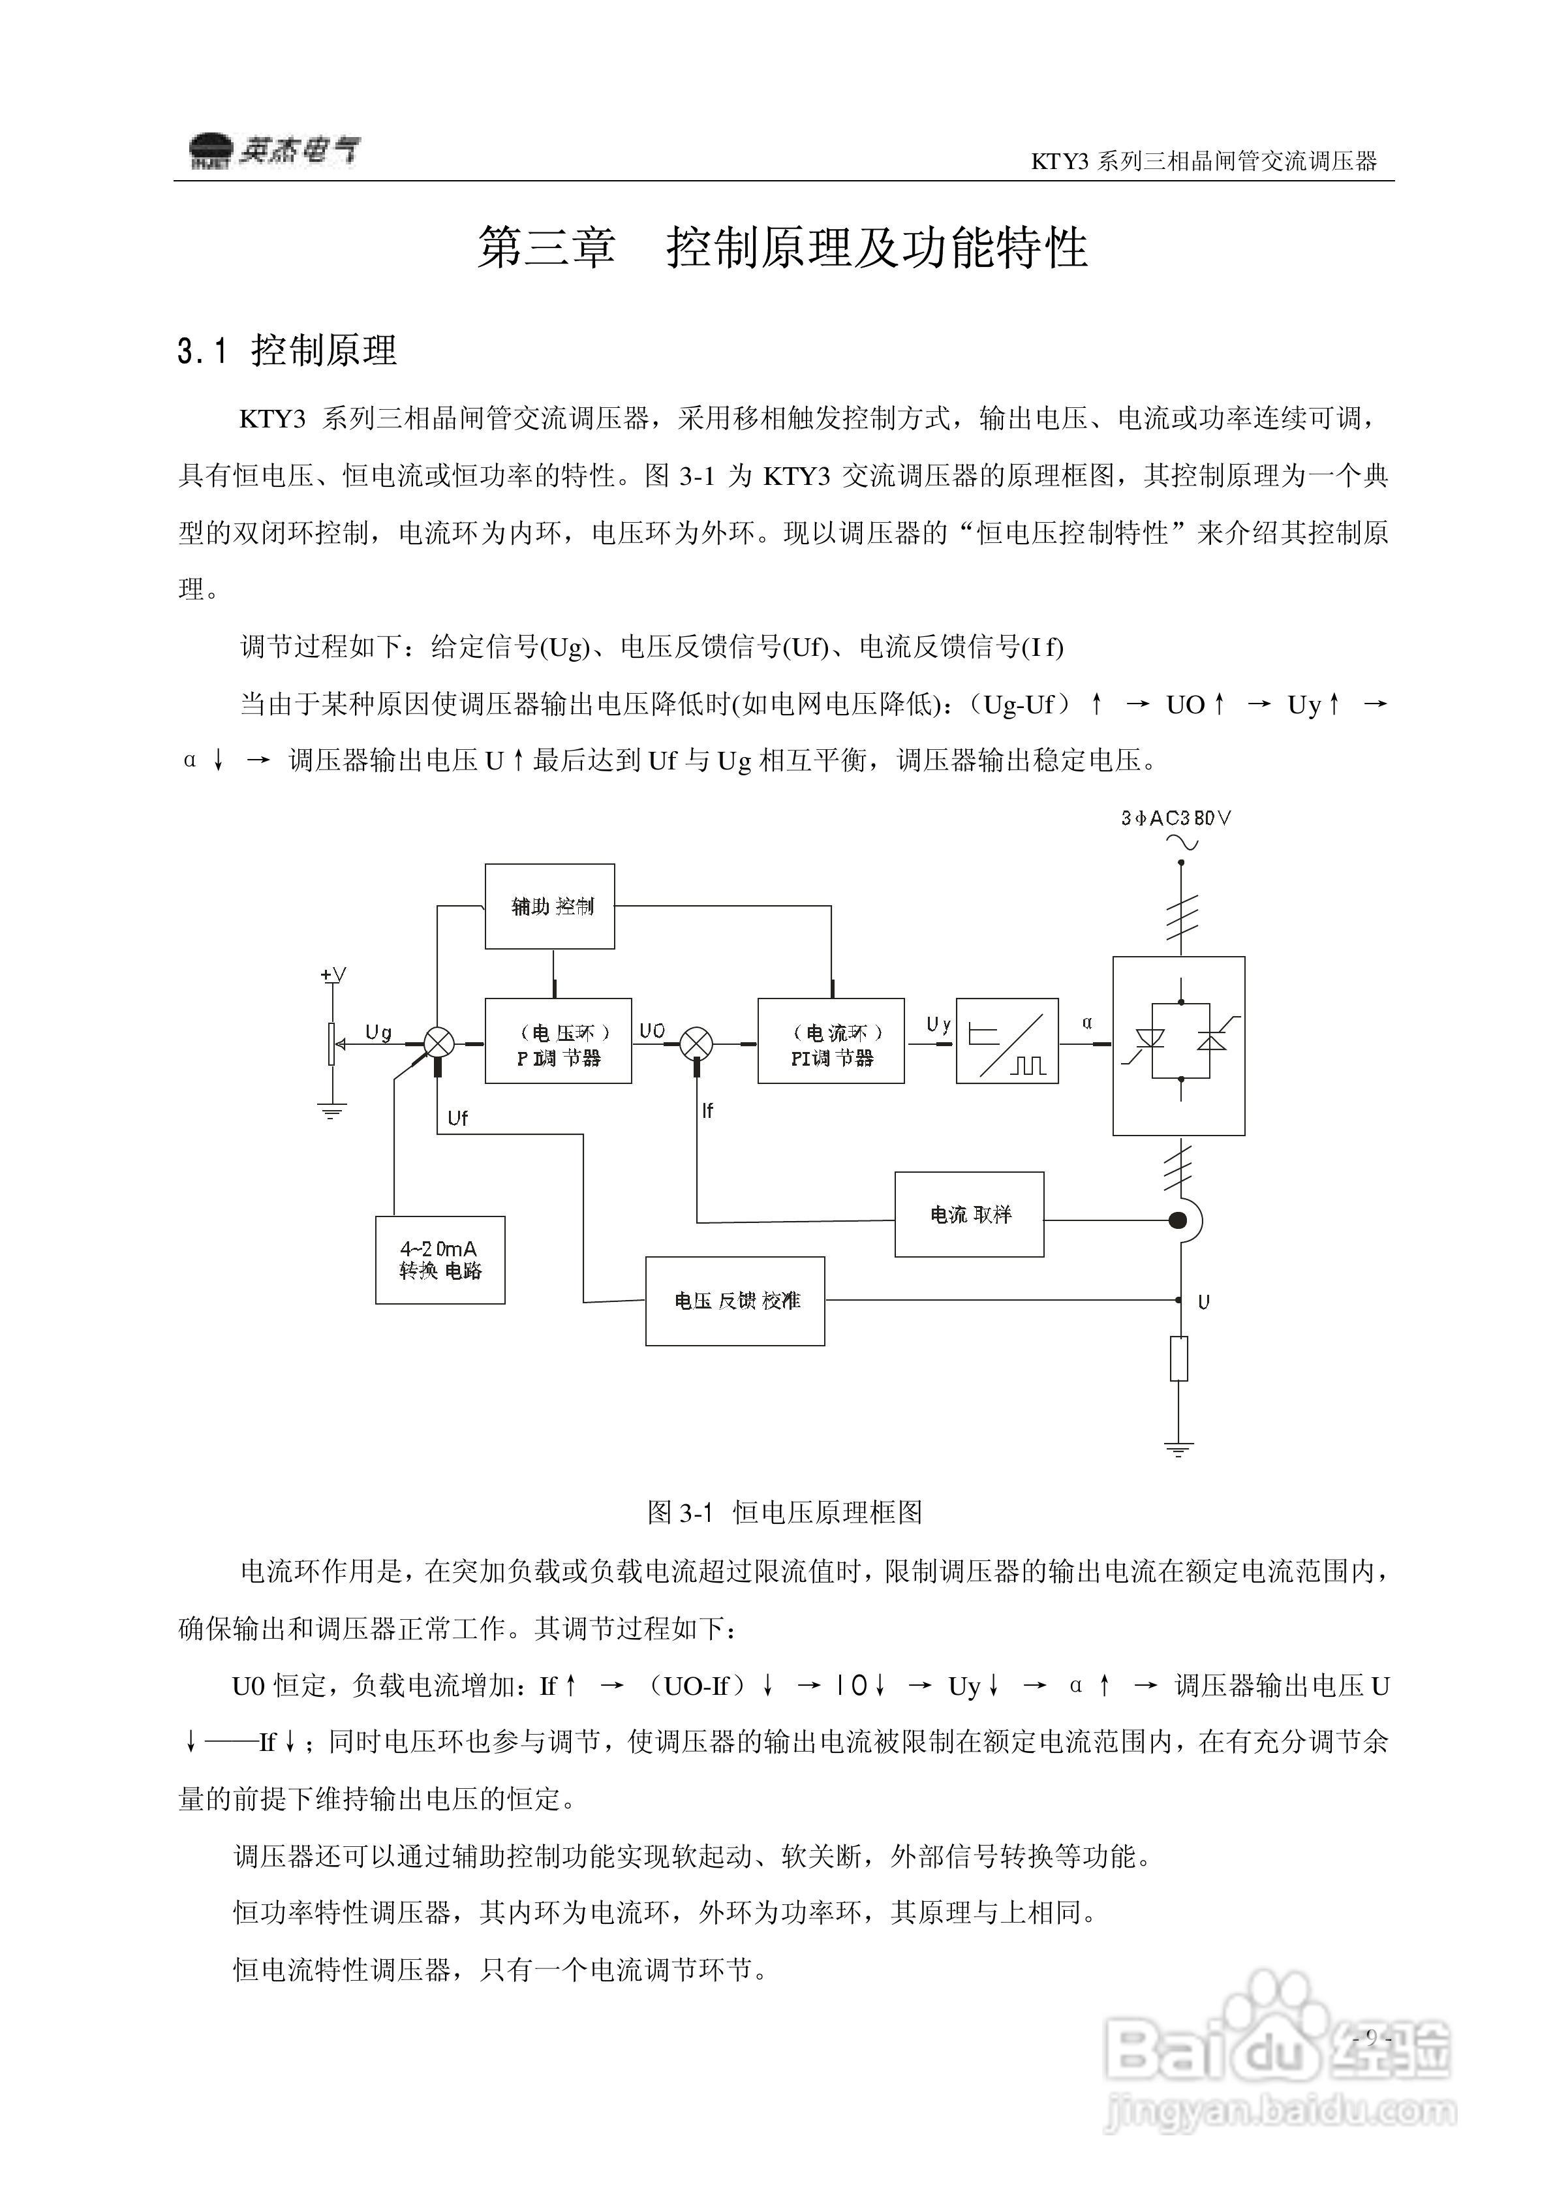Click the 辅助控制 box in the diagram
point(549,906)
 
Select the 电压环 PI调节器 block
point(558,1041)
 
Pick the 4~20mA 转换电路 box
point(440,1260)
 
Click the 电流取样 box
point(969,1214)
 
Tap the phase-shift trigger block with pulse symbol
point(1007,1041)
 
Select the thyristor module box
point(1178,1045)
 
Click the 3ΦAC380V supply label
point(1176,818)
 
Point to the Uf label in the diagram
point(457,1118)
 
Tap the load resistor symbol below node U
point(1180,1357)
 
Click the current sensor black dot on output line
point(1178,1220)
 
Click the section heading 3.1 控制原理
point(286,350)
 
